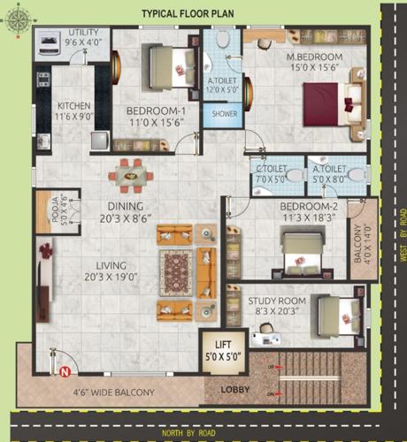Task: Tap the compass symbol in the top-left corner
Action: tap(16, 24)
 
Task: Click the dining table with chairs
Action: tap(132, 174)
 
